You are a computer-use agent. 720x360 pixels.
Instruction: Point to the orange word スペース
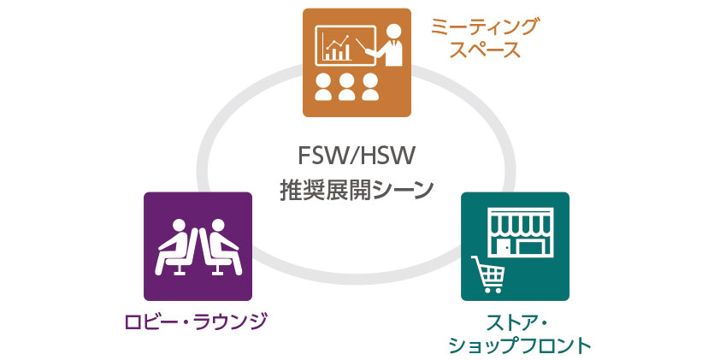click(x=485, y=50)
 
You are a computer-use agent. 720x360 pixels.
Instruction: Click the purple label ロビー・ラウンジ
click(x=197, y=322)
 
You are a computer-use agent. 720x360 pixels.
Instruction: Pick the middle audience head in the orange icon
click(x=347, y=85)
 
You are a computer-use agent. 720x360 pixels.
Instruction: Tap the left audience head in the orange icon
click(x=324, y=85)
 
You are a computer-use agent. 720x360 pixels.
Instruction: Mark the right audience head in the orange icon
click(x=370, y=85)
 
